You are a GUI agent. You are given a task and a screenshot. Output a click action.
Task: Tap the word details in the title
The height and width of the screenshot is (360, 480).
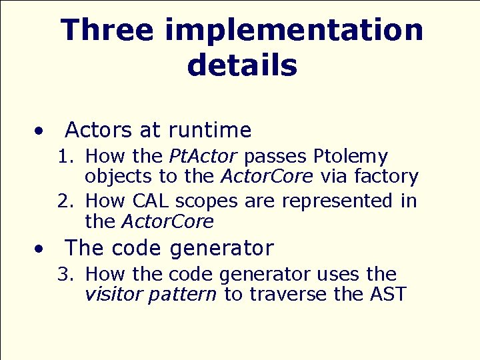click(x=242, y=65)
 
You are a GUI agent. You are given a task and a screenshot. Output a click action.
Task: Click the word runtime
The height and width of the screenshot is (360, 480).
click(x=210, y=129)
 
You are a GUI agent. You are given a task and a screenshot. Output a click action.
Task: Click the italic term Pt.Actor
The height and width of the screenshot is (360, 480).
click(x=203, y=157)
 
